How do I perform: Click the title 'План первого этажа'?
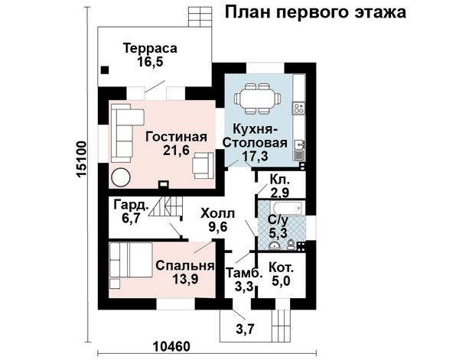point(315,12)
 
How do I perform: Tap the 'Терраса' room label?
point(150,48)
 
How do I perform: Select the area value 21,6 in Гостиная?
point(176,150)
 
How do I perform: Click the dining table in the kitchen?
point(257,99)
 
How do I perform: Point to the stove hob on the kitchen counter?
point(299,108)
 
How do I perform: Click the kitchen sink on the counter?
point(299,144)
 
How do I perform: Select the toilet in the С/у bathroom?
point(291,245)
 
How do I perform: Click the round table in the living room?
point(121,177)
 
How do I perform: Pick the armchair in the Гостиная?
point(203,165)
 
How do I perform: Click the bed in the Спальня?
point(131,260)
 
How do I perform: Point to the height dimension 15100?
point(81,160)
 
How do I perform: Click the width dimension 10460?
point(171,346)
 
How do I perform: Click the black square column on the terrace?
point(105,70)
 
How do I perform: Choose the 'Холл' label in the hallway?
point(218,213)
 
